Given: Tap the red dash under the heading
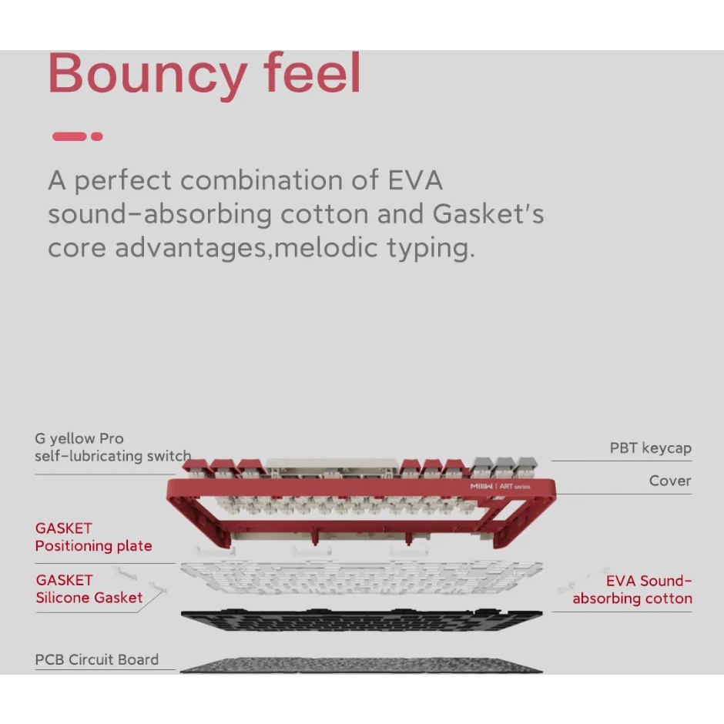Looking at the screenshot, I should (69, 136).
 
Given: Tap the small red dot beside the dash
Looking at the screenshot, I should (97, 136).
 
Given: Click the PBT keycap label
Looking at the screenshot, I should (650, 447).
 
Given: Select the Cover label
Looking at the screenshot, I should (669, 481).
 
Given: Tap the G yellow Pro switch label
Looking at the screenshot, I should (112, 447).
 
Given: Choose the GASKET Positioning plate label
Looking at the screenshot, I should (93, 538).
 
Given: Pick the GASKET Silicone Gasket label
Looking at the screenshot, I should (89, 588).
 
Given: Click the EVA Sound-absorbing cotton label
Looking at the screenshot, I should (632, 590).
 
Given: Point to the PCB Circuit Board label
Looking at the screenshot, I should (97, 660).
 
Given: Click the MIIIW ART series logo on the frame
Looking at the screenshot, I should (500, 487).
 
